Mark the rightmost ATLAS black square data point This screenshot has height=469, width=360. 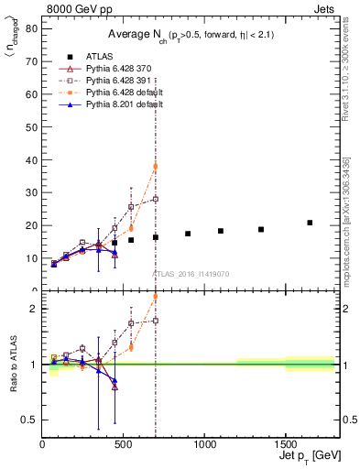[x=310, y=223]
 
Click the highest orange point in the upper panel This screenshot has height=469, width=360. [x=156, y=166]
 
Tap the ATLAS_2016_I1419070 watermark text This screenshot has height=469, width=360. [x=190, y=274]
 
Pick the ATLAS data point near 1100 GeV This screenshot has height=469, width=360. [x=221, y=231]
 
